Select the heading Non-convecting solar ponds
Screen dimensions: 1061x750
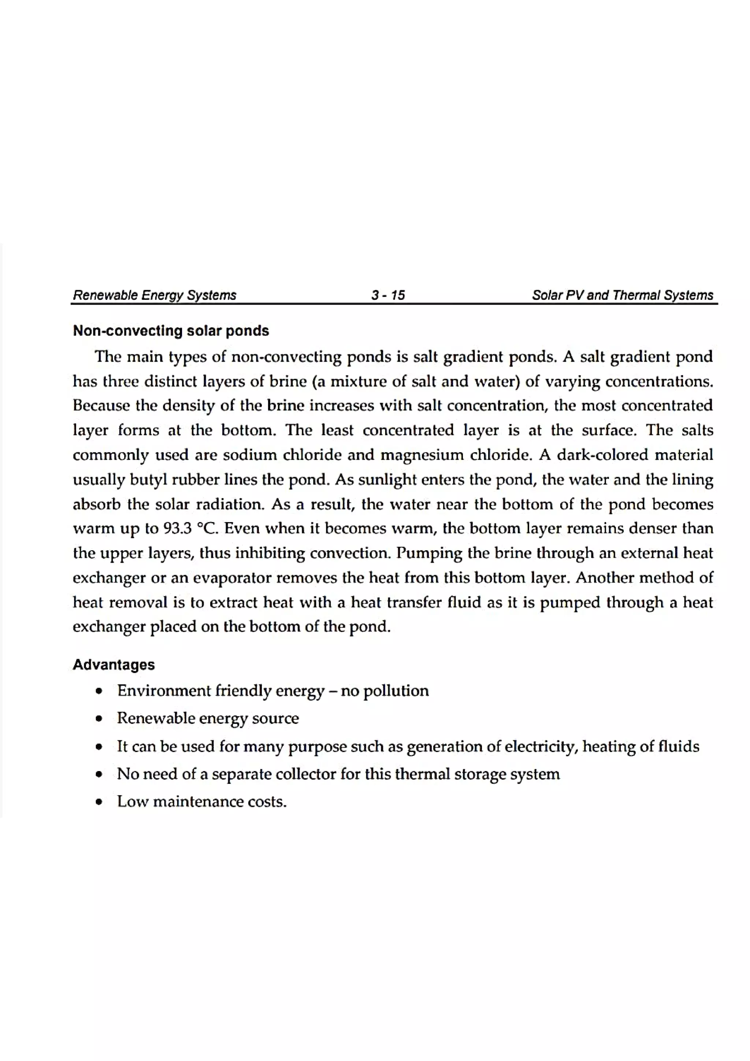coord(171,331)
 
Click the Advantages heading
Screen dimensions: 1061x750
coord(114,664)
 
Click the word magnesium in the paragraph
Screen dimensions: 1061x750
coord(422,455)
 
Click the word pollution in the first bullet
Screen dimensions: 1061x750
coord(396,691)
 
